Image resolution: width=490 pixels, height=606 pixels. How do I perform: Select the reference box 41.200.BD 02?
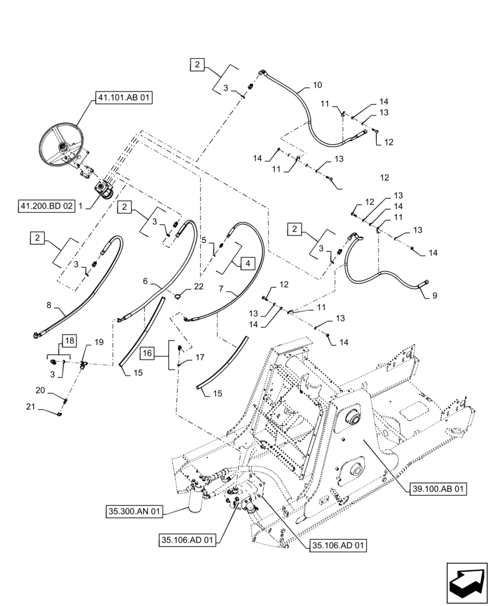[46, 206]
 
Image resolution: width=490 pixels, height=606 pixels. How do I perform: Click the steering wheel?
[62, 145]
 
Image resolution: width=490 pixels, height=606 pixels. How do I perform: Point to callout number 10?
[317, 85]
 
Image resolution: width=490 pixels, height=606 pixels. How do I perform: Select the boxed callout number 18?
[69, 342]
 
